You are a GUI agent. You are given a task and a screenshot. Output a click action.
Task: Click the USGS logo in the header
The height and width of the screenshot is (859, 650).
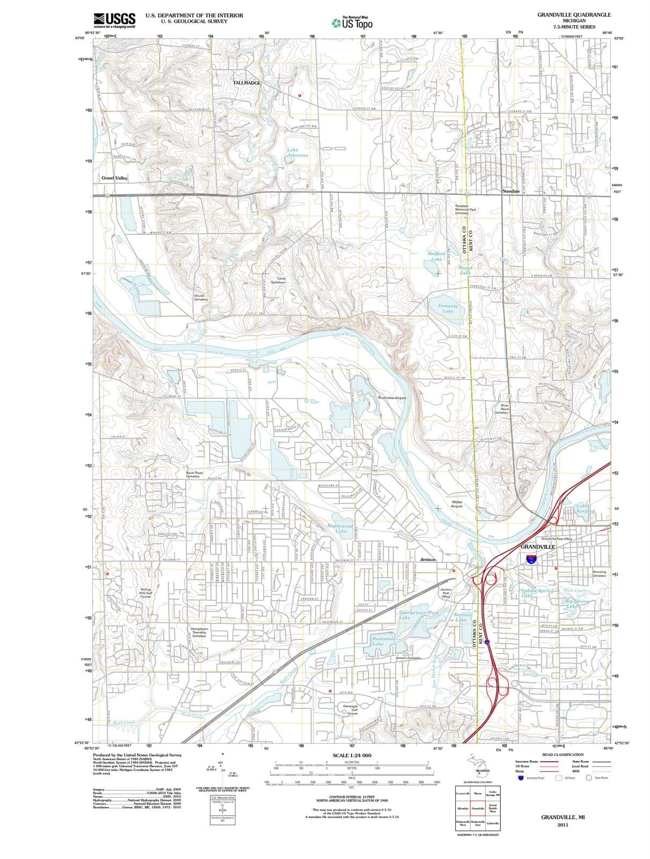(x=114, y=19)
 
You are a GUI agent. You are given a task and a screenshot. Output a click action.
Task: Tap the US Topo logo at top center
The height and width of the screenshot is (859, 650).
(x=352, y=21)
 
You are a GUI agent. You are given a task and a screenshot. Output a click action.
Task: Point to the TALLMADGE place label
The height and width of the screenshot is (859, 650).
(x=246, y=83)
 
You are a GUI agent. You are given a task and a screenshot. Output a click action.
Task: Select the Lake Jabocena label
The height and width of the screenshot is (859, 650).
(x=297, y=152)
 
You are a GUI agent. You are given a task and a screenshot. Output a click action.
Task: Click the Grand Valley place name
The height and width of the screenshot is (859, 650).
(x=114, y=178)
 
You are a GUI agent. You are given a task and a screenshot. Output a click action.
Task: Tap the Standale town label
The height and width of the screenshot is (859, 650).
(x=511, y=191)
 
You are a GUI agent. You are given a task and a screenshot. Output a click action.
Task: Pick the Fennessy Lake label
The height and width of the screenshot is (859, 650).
(x=448, y=308)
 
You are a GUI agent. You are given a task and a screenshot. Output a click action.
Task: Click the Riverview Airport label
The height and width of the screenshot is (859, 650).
(x=392, y=398)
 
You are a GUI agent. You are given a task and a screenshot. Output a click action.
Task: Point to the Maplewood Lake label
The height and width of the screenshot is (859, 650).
(x=340, y=528)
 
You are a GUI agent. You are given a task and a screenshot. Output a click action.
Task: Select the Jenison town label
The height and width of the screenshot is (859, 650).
(x=427, y=559)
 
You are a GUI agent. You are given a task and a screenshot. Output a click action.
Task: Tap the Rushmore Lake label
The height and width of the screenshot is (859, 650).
(x=384, y=641)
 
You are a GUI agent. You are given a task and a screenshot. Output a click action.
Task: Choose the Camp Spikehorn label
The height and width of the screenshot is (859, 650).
(x=278, y=280)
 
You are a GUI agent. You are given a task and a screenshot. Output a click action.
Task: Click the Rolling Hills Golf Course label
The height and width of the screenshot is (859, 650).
(x=145, y=593)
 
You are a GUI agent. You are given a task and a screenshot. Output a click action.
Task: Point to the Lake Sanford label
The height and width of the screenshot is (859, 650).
(x=585, y=508)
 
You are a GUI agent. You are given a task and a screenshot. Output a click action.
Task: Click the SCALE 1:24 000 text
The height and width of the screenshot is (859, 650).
(x=352, y=755)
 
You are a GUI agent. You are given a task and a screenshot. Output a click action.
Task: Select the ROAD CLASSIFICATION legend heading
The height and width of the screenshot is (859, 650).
(x=563, y=754)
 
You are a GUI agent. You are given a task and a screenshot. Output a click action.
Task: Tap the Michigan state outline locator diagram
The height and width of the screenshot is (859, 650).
(x=477, y=766)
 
